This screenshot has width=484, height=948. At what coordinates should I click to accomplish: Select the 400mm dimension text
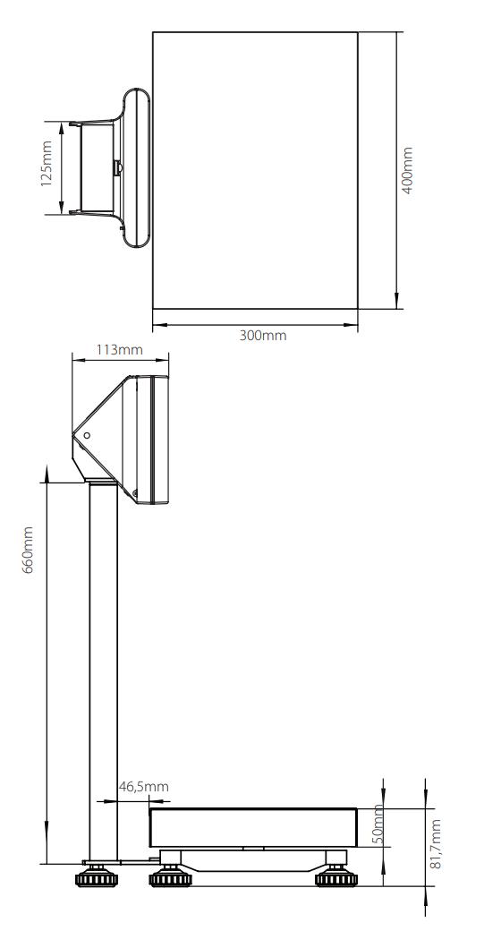coord(408,170)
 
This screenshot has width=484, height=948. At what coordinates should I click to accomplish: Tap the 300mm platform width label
coord(257,335)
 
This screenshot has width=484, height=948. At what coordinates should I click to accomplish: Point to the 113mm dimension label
coord(120,349)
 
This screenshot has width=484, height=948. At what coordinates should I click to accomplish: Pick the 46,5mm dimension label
coord(143,786)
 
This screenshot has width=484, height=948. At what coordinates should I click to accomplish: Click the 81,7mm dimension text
coord(437,843)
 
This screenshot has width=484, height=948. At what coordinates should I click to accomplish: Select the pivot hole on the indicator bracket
coord(87,436)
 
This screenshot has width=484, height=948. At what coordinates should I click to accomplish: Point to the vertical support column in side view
coord(102,671)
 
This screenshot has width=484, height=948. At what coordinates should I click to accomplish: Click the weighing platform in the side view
coord(253,827)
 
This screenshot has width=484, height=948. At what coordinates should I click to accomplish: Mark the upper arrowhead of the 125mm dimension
coord(61,126)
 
